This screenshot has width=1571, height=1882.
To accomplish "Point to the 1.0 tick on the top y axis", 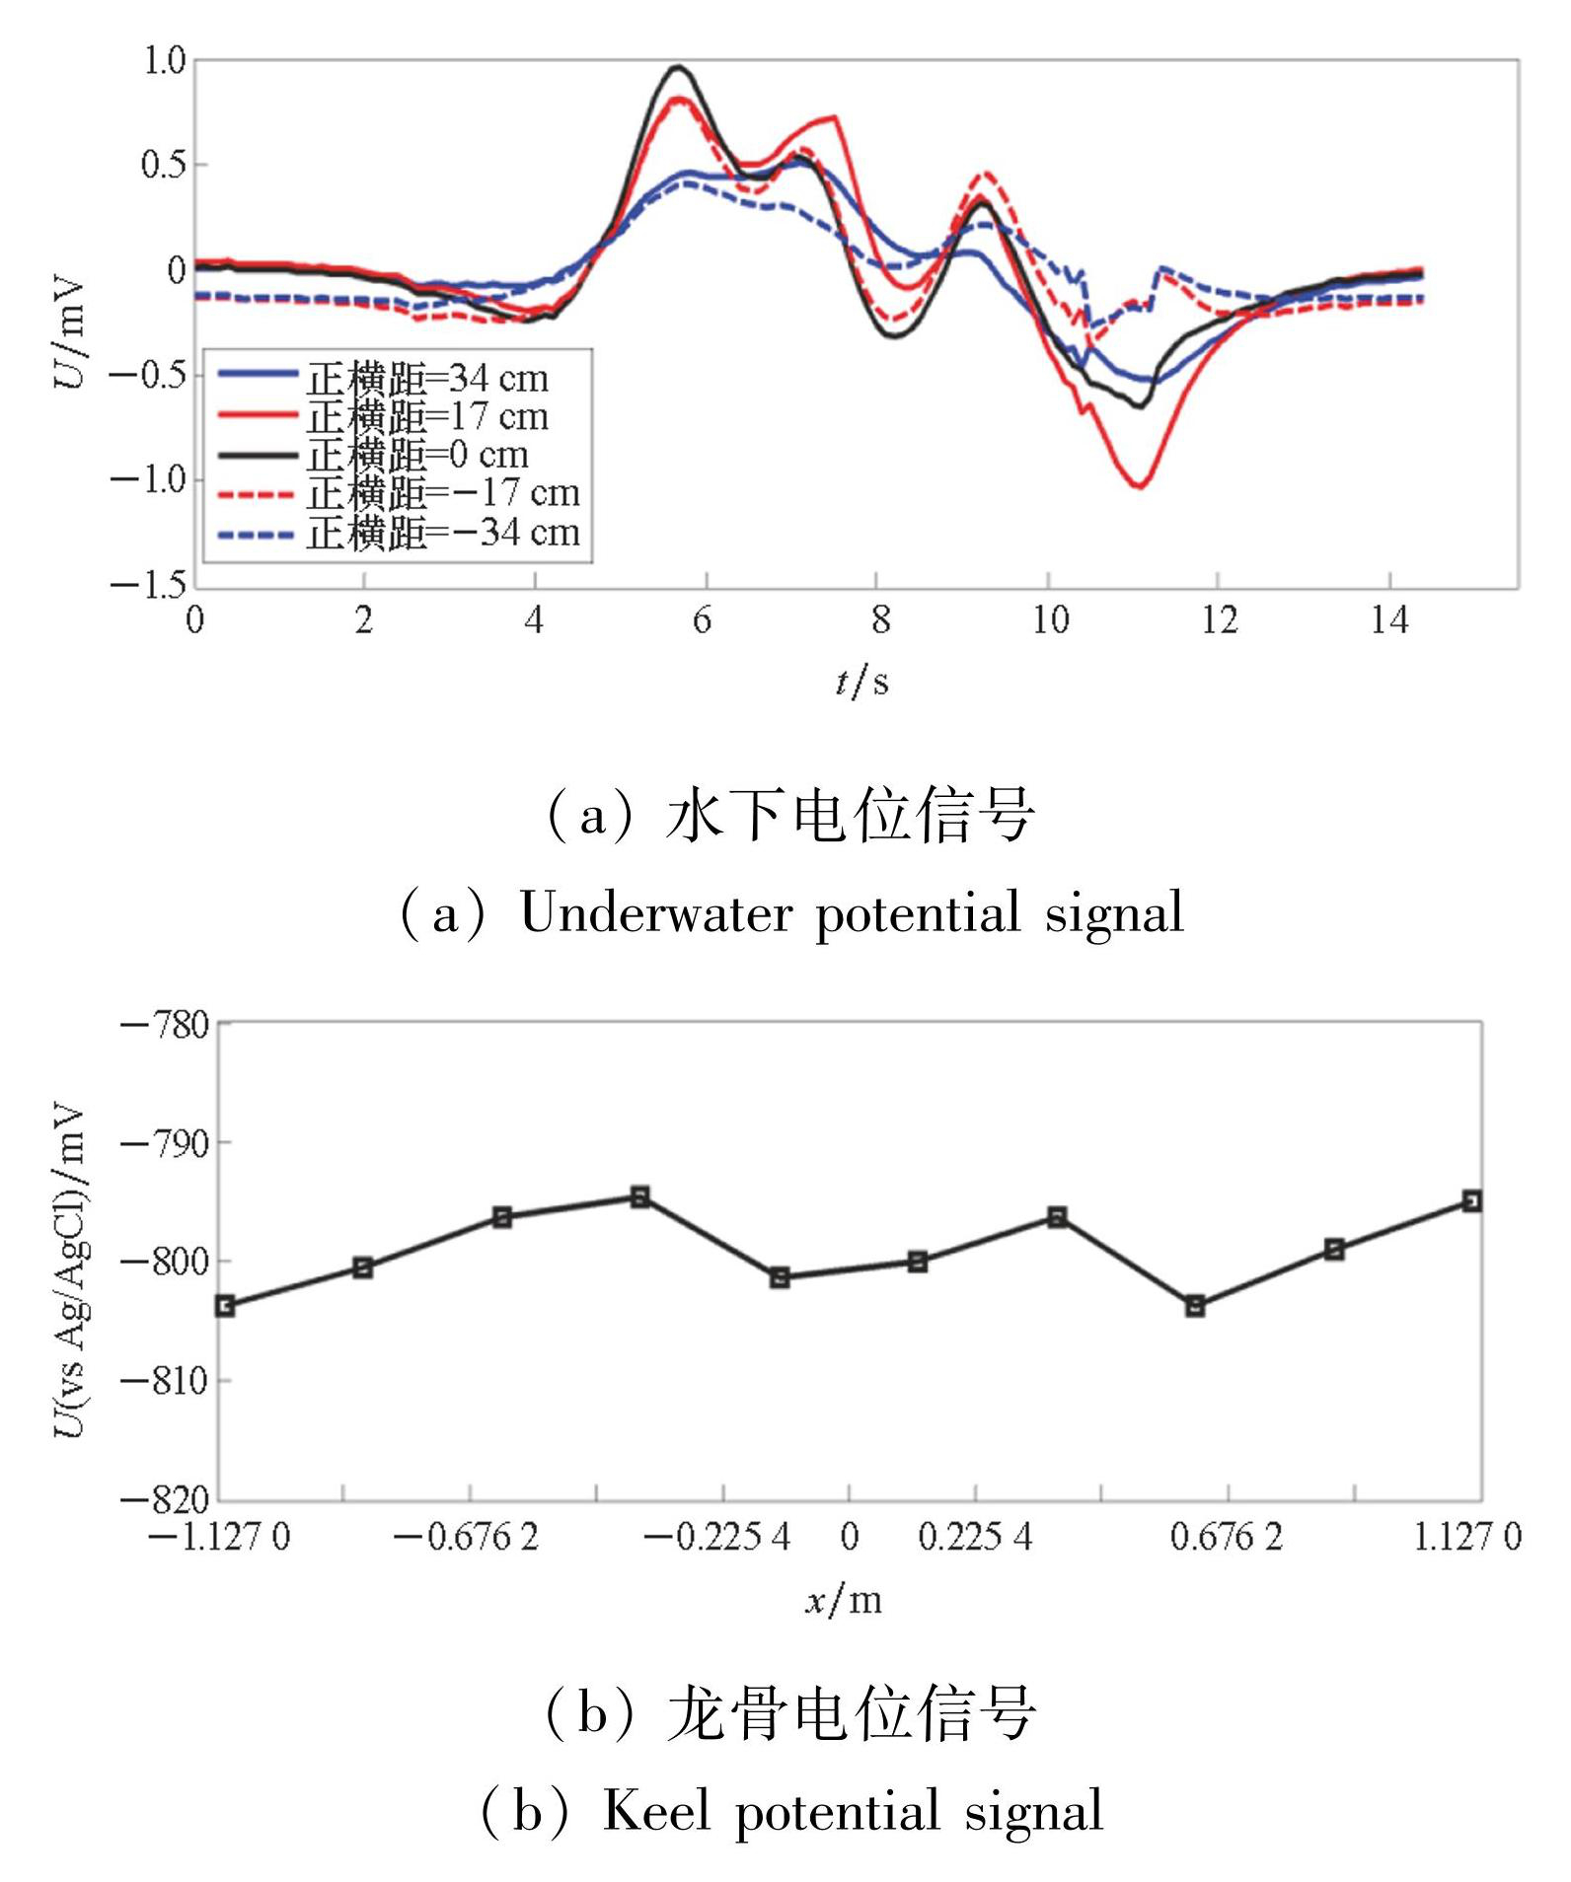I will [x=164, y=61].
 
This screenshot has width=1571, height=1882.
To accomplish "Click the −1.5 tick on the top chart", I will [x=148, y=586].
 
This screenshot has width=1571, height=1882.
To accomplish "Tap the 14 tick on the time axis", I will [x=1388, y=620].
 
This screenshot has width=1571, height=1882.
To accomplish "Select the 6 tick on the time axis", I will [x=703, y=620].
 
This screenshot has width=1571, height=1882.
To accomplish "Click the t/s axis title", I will [x=861, y=681].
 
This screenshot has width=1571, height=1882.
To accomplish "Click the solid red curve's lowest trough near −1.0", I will [x=1140, y=485].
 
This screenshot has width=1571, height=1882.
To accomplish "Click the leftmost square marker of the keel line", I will [x=225, y=1306].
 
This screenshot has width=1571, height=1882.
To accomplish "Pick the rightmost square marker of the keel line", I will [x=1472, y=1200].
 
